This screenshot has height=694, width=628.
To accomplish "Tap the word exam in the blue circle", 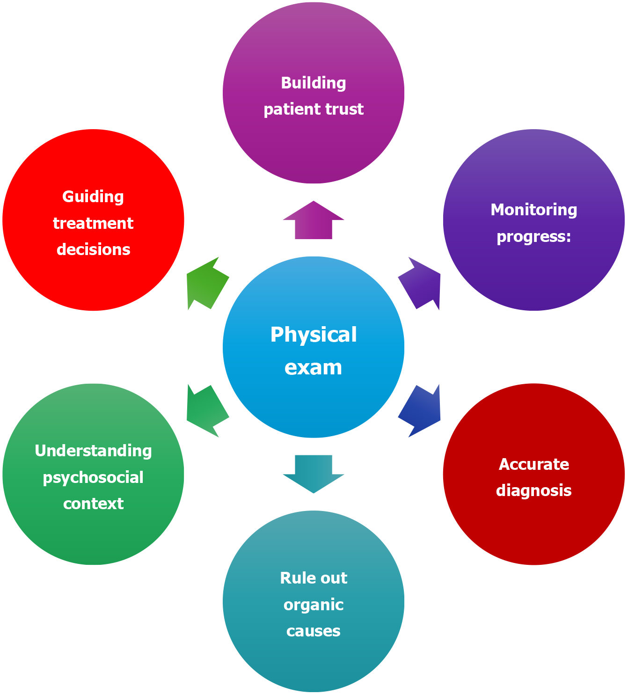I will pos(313,368).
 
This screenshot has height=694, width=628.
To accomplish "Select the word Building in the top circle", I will pos(313,83).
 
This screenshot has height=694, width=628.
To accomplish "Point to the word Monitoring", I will pos(533,210).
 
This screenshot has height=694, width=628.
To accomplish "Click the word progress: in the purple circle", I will pos(533,237).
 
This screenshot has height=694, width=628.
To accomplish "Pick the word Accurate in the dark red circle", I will pos(533,464).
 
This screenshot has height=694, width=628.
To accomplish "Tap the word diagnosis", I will pos(533,490).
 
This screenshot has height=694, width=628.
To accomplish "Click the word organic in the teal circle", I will pos(313,605).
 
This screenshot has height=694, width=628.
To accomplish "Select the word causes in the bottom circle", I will pos(313,631).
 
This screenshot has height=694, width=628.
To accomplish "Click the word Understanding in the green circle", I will pos(93,451).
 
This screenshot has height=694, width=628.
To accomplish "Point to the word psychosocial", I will pos(93,478).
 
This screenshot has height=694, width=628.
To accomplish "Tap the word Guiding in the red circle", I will pos(93,197).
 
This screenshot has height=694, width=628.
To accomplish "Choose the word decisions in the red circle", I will pos(93,249).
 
